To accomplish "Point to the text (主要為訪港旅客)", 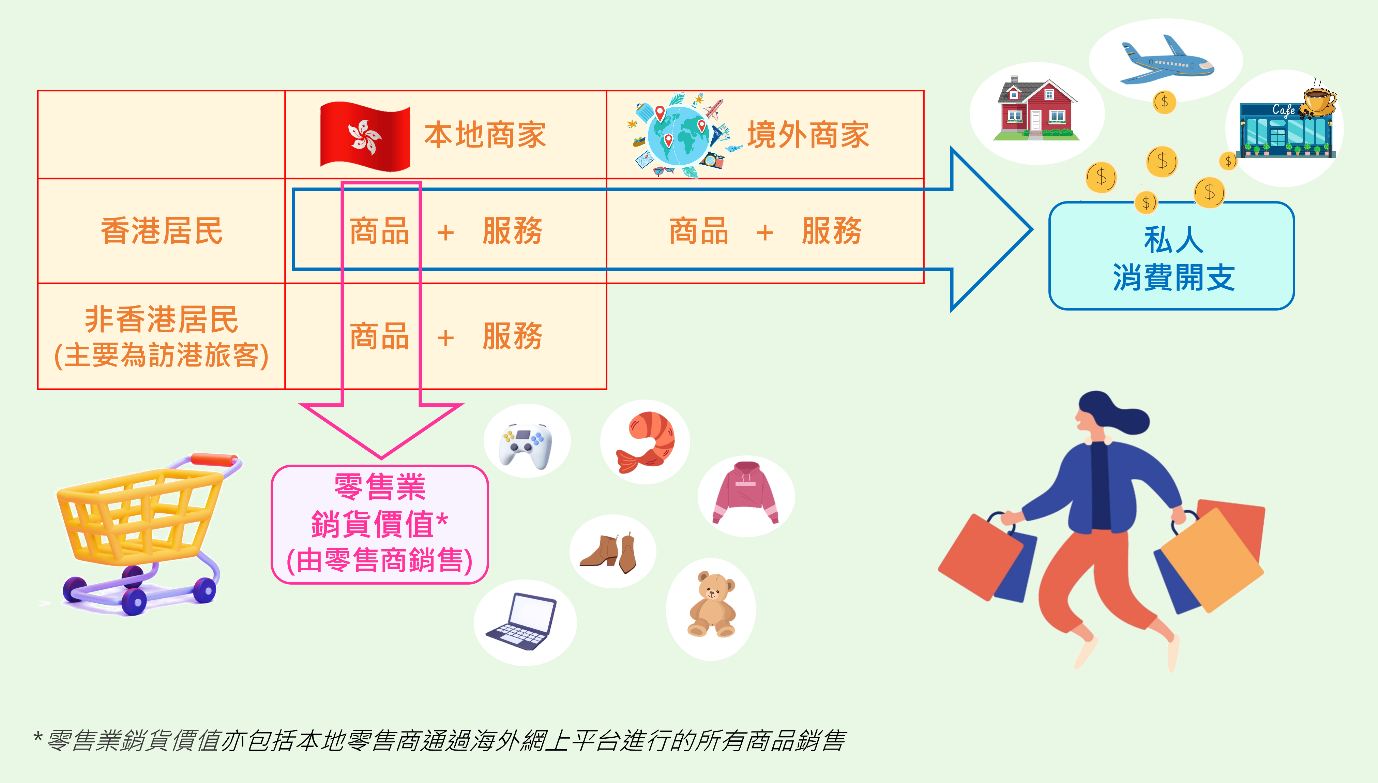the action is (x=161, y=356).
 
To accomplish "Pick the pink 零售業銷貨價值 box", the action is (x=380, y=524).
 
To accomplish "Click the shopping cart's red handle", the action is (x=215, y=460).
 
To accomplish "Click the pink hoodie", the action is (x=746, y=492).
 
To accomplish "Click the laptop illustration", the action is (x=521, y=621).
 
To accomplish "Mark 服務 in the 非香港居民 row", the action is (x=512, y=337).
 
